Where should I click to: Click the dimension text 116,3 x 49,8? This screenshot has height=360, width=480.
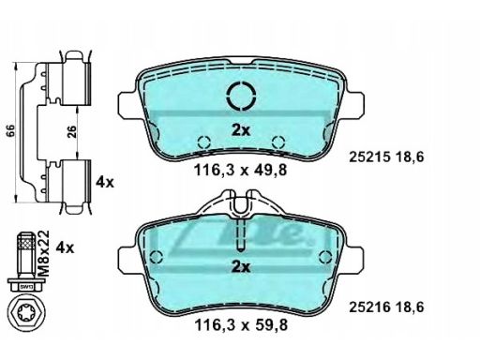coord(240,171)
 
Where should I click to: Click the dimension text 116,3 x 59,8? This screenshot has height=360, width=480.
coord(241,325)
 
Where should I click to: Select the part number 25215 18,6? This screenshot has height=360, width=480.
coord(386,157)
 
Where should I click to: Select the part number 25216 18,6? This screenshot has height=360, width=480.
coord(386,307)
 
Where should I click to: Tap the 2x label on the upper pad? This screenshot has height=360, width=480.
coord(241,130)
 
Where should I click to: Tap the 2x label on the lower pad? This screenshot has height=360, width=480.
coord(241,267)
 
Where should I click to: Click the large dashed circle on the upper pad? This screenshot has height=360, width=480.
coord(241,95)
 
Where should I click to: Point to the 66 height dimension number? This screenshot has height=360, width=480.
coord(11,131)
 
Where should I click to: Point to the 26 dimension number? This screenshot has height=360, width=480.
coord(72,131)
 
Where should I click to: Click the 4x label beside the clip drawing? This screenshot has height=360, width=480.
coord(105,182)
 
